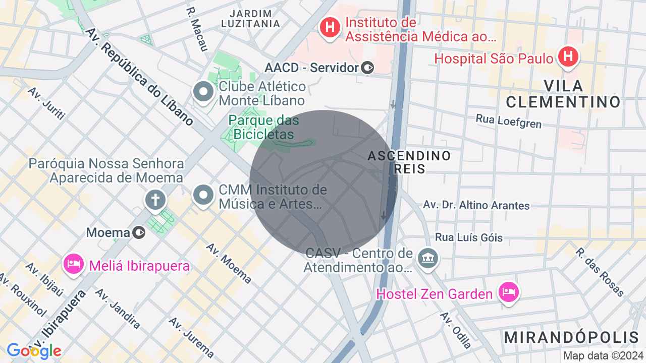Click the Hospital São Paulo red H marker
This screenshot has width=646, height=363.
569,57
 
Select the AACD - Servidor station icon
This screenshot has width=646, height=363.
368,67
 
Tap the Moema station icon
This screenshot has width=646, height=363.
139,232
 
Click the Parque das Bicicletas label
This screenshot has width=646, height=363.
263,128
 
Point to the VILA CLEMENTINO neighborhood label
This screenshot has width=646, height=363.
563,94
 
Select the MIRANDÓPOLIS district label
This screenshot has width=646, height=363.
571,337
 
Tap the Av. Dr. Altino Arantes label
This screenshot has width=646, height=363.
476,205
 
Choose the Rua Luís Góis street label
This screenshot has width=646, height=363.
469,237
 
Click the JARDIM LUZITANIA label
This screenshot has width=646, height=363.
250,19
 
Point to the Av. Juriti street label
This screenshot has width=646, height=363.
47,103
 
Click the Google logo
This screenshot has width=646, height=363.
34,351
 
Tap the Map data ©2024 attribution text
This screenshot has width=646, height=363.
603,355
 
